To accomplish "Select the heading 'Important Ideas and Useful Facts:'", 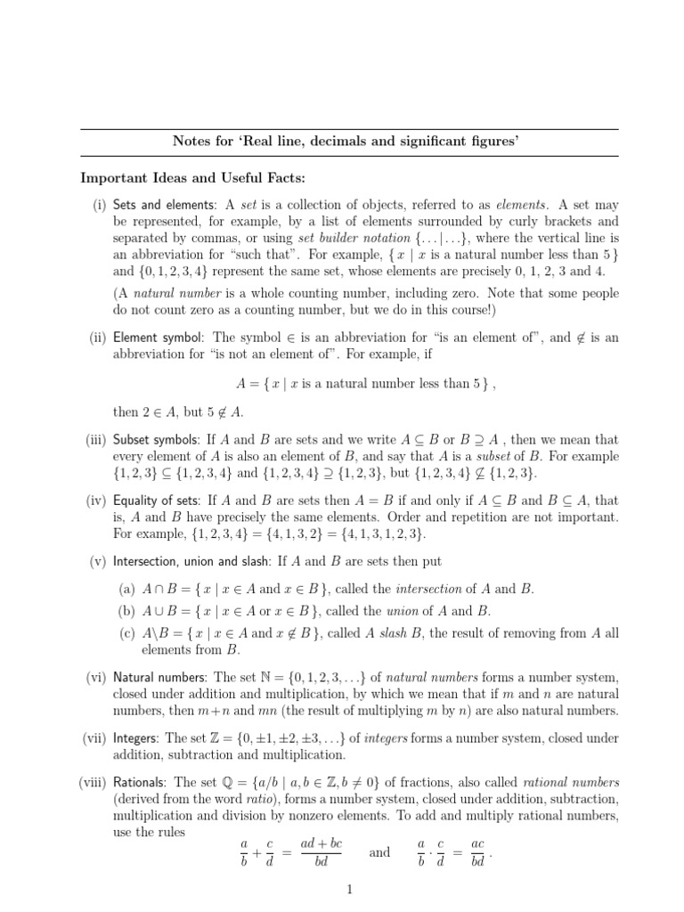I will tap(191, 177).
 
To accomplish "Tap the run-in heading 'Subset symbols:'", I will tap(159, 439).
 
